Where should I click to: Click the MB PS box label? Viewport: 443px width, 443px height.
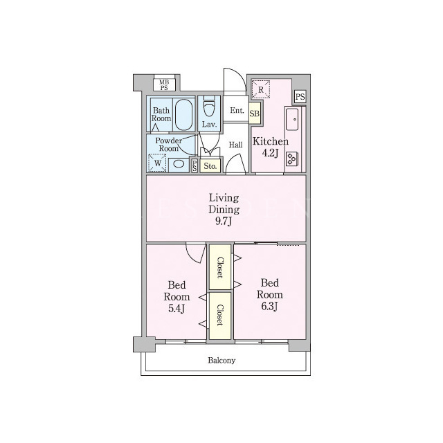164,84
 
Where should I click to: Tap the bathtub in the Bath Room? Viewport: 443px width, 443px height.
183,114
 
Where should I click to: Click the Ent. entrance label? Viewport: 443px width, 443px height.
237,110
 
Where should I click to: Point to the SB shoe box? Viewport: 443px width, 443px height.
255,114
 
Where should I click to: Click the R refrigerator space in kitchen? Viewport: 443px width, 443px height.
261,89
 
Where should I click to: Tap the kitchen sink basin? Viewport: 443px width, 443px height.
292,119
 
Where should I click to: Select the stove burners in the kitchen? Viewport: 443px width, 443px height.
291,159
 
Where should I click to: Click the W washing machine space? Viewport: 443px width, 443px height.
157,163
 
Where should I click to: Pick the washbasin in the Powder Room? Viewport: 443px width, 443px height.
179,164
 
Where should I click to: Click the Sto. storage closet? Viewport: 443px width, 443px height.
210,166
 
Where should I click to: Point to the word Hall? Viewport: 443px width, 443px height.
235,145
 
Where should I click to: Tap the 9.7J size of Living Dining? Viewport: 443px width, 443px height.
224,221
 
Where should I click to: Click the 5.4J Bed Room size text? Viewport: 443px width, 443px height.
177,308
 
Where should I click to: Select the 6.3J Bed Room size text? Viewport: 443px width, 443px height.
269,306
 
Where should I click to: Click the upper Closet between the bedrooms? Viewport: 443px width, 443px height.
220,267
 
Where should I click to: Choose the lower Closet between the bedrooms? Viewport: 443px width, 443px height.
220,316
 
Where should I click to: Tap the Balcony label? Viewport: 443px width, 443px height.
221,361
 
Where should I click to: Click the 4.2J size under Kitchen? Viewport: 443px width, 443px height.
270,153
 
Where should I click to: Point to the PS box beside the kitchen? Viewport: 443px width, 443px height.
300,97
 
